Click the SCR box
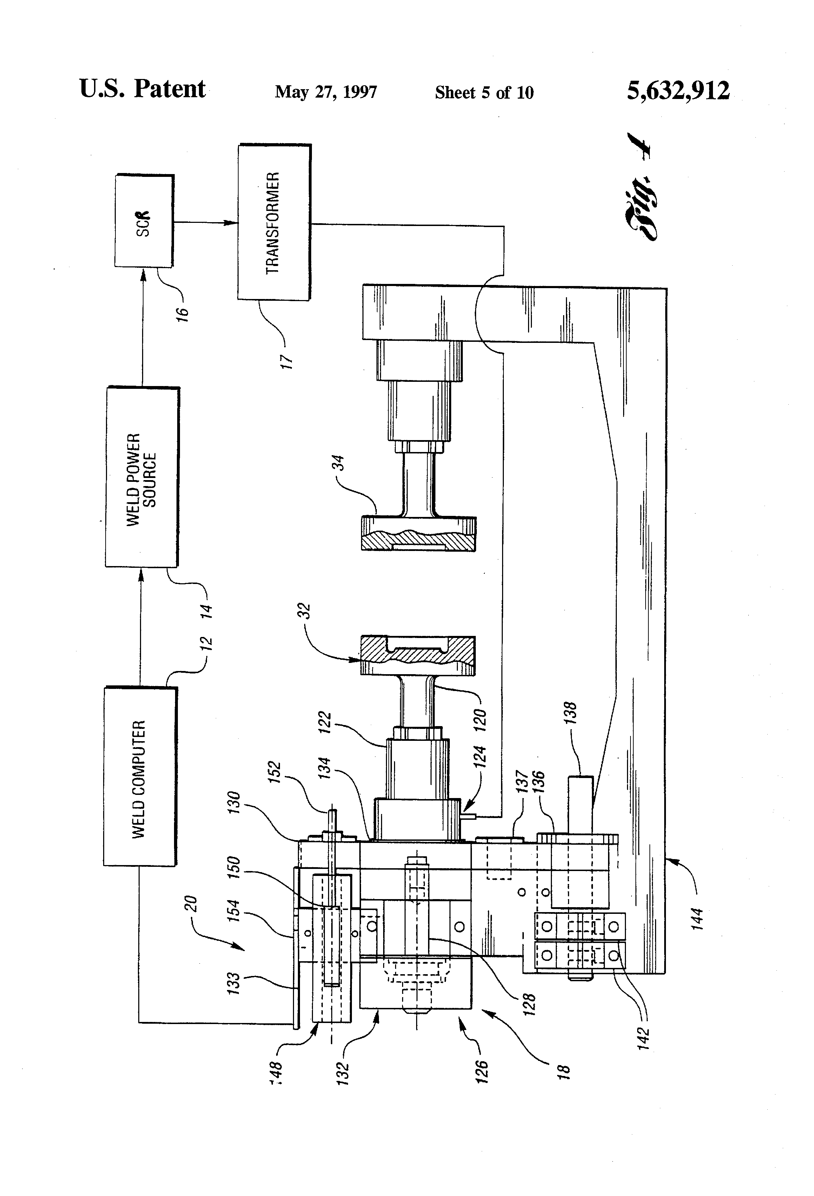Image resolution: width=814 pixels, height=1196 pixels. point(144,221)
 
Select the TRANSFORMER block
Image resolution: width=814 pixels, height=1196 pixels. point(274,222)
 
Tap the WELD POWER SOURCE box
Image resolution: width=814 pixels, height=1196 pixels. point(142,477)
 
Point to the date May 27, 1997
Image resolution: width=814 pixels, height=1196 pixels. point(326,92)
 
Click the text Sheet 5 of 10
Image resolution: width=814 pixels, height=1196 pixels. point(484,93)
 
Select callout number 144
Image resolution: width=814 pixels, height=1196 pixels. point(697,919)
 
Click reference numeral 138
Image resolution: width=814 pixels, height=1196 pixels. point(570,713)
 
